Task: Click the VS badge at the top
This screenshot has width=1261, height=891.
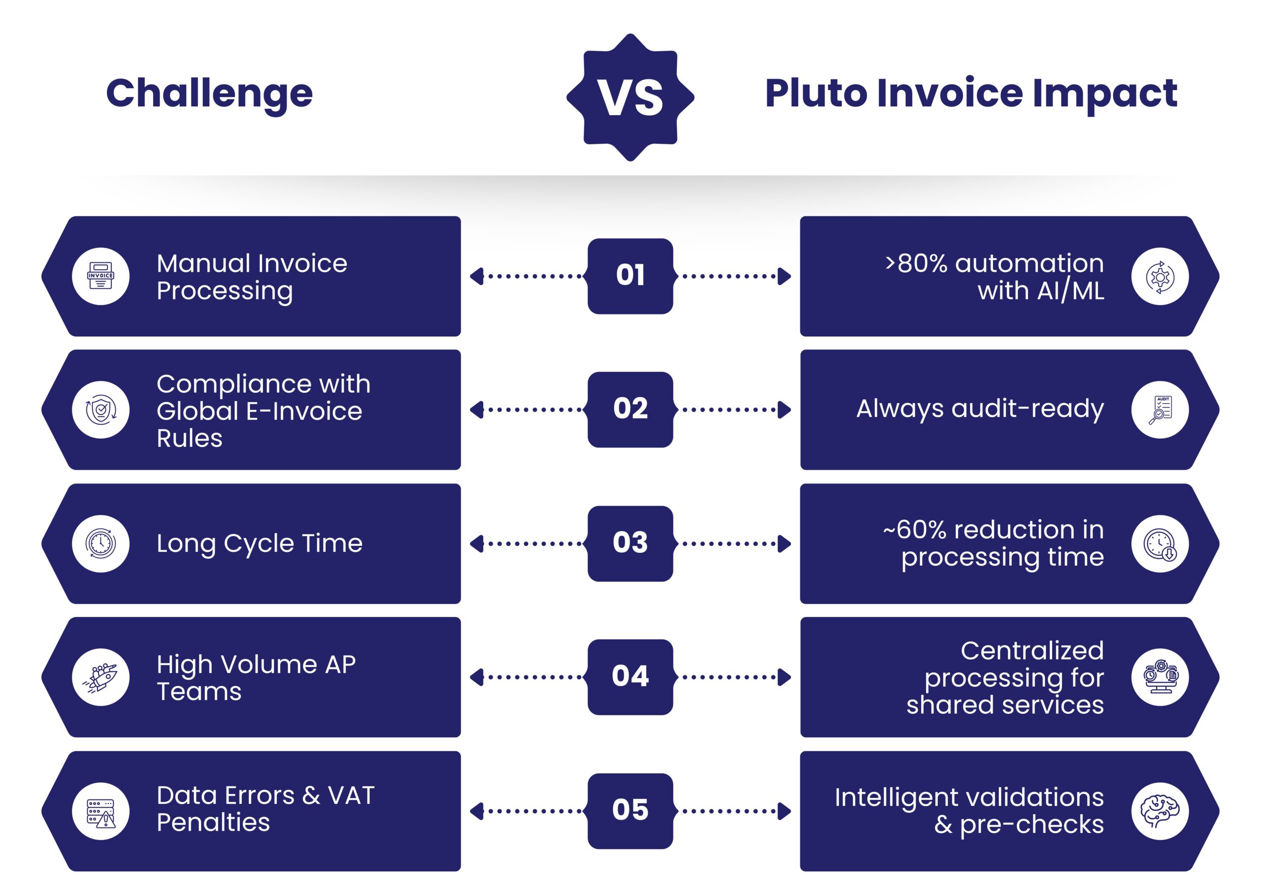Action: click(630, 97)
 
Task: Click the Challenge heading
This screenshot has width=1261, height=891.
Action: click(209, 94)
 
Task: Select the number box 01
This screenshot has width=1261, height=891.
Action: click(630, 276)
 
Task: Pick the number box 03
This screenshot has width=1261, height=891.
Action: click(630, 543)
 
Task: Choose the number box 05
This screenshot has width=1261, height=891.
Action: click(630, 810)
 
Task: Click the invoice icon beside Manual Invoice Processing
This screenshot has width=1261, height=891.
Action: click(100, 276)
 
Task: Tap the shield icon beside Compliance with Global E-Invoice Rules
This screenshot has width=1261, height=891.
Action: click(100, 410)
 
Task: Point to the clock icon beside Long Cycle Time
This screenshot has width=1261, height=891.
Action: click(100, 543)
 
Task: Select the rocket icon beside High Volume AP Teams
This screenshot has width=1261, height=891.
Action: click(100, 677)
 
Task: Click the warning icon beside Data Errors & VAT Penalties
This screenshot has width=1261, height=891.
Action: click(100, 811)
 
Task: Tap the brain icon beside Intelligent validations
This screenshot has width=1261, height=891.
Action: click(1160, 811)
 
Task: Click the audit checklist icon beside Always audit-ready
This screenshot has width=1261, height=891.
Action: click(1160, 410)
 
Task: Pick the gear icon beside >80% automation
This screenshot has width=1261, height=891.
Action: click(1160, 276)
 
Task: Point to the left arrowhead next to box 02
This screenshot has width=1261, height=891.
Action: click(477, 410)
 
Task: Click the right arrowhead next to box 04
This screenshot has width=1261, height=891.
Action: click(784, 677)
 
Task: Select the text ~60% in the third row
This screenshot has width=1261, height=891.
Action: click(914, 530)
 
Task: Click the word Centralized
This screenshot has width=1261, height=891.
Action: click(1032, 651)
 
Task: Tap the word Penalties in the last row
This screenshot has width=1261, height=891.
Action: click(213, 823)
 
